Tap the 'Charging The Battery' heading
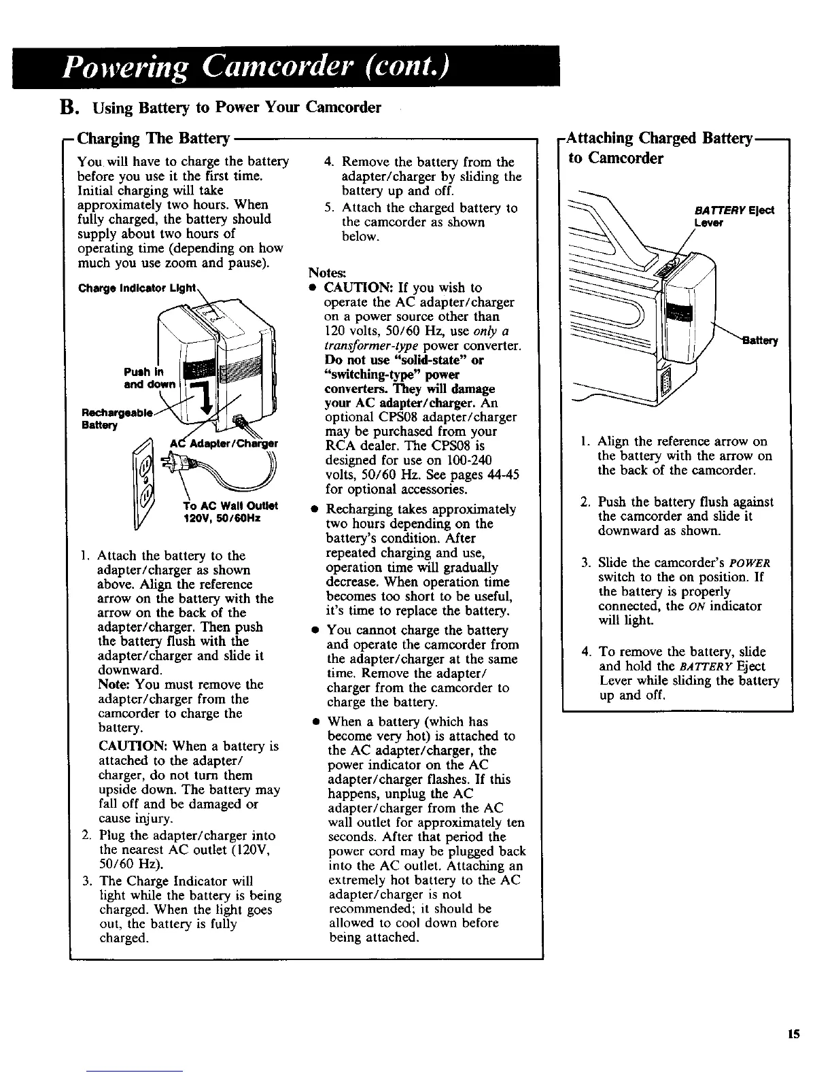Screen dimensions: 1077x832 click(154, 139)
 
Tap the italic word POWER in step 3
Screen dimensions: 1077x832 click(751, 564)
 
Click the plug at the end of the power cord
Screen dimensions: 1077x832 click(171, 462)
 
